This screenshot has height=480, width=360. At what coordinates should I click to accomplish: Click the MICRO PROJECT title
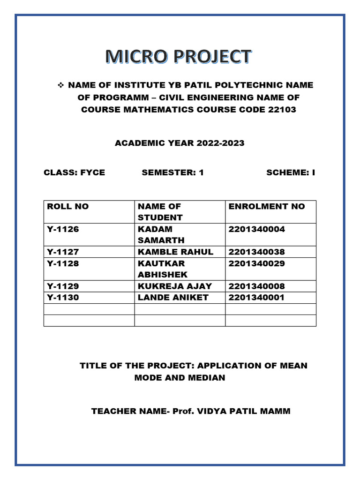pyautogui.click(x=178, y=57)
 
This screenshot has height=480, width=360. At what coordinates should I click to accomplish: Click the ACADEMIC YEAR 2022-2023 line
pyautogui.click(x=180, y=143)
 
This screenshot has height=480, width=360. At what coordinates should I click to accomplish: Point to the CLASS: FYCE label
pyautogui.click(x=74, y=172)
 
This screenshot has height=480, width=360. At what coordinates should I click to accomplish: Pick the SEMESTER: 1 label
pyautogui.click(x=172, y=172)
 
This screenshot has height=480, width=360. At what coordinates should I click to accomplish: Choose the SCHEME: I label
pyautogui.click(x=291, y=172)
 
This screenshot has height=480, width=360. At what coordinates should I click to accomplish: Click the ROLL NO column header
pyautogui.click(x=68, y=206)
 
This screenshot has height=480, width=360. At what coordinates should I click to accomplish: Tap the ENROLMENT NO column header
pyautogui.click(x=266, y=206)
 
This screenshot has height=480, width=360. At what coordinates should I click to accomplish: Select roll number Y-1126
pyautogui.click(x=63, y=229)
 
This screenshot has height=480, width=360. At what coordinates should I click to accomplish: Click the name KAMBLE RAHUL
pyautogui.click(x=175, y=252)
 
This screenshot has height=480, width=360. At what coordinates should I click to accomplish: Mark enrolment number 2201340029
pyautogui.click(x=256, y=263)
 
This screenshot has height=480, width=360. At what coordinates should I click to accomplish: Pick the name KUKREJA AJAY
pyautogui.click(x=174, y=286)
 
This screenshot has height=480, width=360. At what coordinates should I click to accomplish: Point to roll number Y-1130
pyautogui.click(x=63, y=297)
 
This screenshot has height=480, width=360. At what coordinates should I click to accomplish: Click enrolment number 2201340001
pyautogui.click(x=256, y=297)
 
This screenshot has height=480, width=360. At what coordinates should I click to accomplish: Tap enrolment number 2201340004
pyautogui.click(x=256, y=229)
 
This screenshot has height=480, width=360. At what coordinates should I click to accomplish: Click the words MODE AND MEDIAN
pyautogui.click(x=180, y=377)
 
